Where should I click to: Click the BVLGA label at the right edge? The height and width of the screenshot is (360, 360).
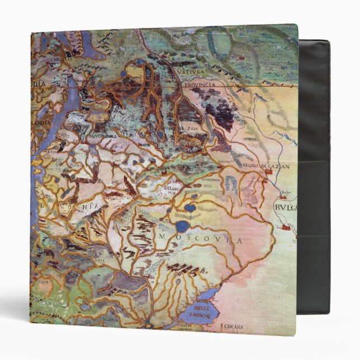(x=286, y=207)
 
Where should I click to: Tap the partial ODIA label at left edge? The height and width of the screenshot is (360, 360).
(x=41, y=83)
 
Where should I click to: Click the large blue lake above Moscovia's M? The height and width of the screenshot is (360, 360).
(x=182, y=226)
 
